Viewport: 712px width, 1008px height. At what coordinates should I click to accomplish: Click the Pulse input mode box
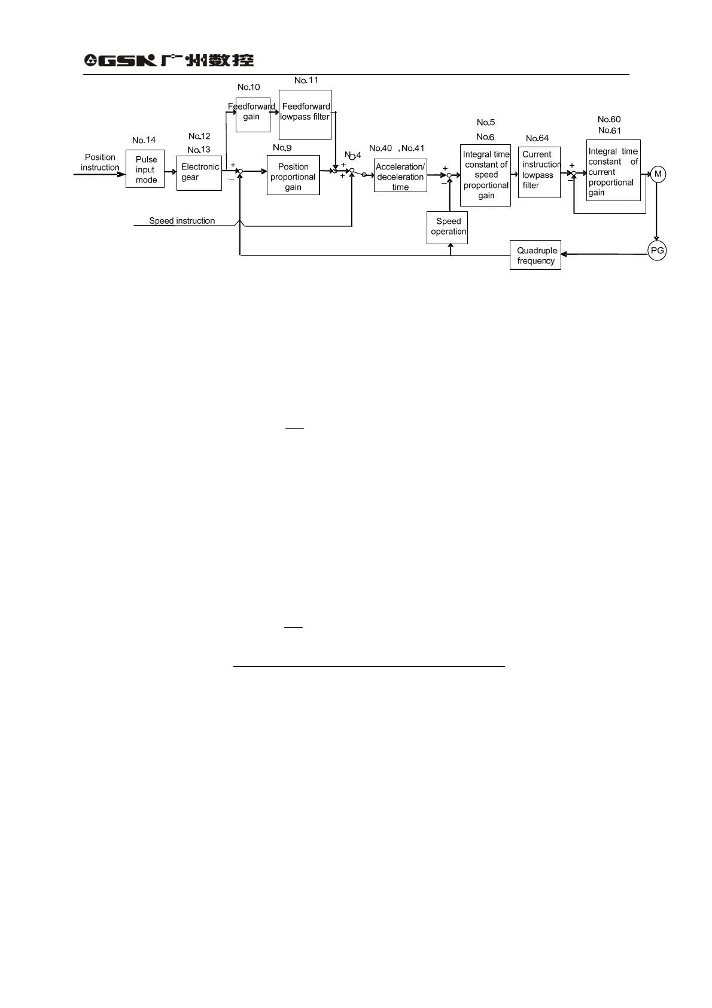pos(145,169)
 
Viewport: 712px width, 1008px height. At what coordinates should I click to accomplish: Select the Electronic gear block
pos(199,173)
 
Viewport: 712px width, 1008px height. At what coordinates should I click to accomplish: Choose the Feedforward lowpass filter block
pos(305,115)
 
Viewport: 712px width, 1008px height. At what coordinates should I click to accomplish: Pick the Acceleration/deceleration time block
pos(400,176)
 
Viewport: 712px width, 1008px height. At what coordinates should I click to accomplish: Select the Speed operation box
pos(448,227)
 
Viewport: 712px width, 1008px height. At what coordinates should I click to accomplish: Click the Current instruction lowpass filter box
pos(539,172)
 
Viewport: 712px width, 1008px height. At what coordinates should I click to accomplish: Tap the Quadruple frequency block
pos(535,256)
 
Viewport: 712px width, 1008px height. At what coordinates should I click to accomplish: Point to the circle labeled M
pos(658,174)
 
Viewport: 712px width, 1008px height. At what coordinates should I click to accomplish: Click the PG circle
pos(657,251)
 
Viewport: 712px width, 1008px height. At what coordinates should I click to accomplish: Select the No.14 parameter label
pos(144,140)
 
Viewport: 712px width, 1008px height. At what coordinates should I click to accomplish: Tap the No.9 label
pos(282,148)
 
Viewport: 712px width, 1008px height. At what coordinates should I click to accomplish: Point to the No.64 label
pos(537,138)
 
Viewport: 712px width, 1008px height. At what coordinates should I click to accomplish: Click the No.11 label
pos(306,80)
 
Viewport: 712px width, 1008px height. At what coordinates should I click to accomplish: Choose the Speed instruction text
pos(182,221)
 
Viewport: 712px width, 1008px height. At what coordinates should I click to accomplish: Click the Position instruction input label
pos(100,162)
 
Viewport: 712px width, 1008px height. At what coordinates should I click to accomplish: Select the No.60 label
pos(609,119)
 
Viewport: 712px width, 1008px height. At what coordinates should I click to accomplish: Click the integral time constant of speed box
pos(485,175)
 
